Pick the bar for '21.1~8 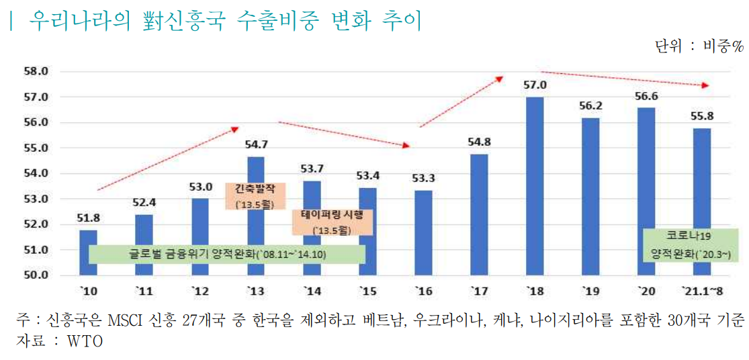[701, 201]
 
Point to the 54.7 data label [255, 144]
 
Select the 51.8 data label [88, 218]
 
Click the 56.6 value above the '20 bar [646, 95]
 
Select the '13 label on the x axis [255, 290]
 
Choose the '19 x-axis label [590, 290]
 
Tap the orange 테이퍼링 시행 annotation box [333, 222]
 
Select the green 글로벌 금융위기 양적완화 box [226, 255]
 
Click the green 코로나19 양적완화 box [691, 245]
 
